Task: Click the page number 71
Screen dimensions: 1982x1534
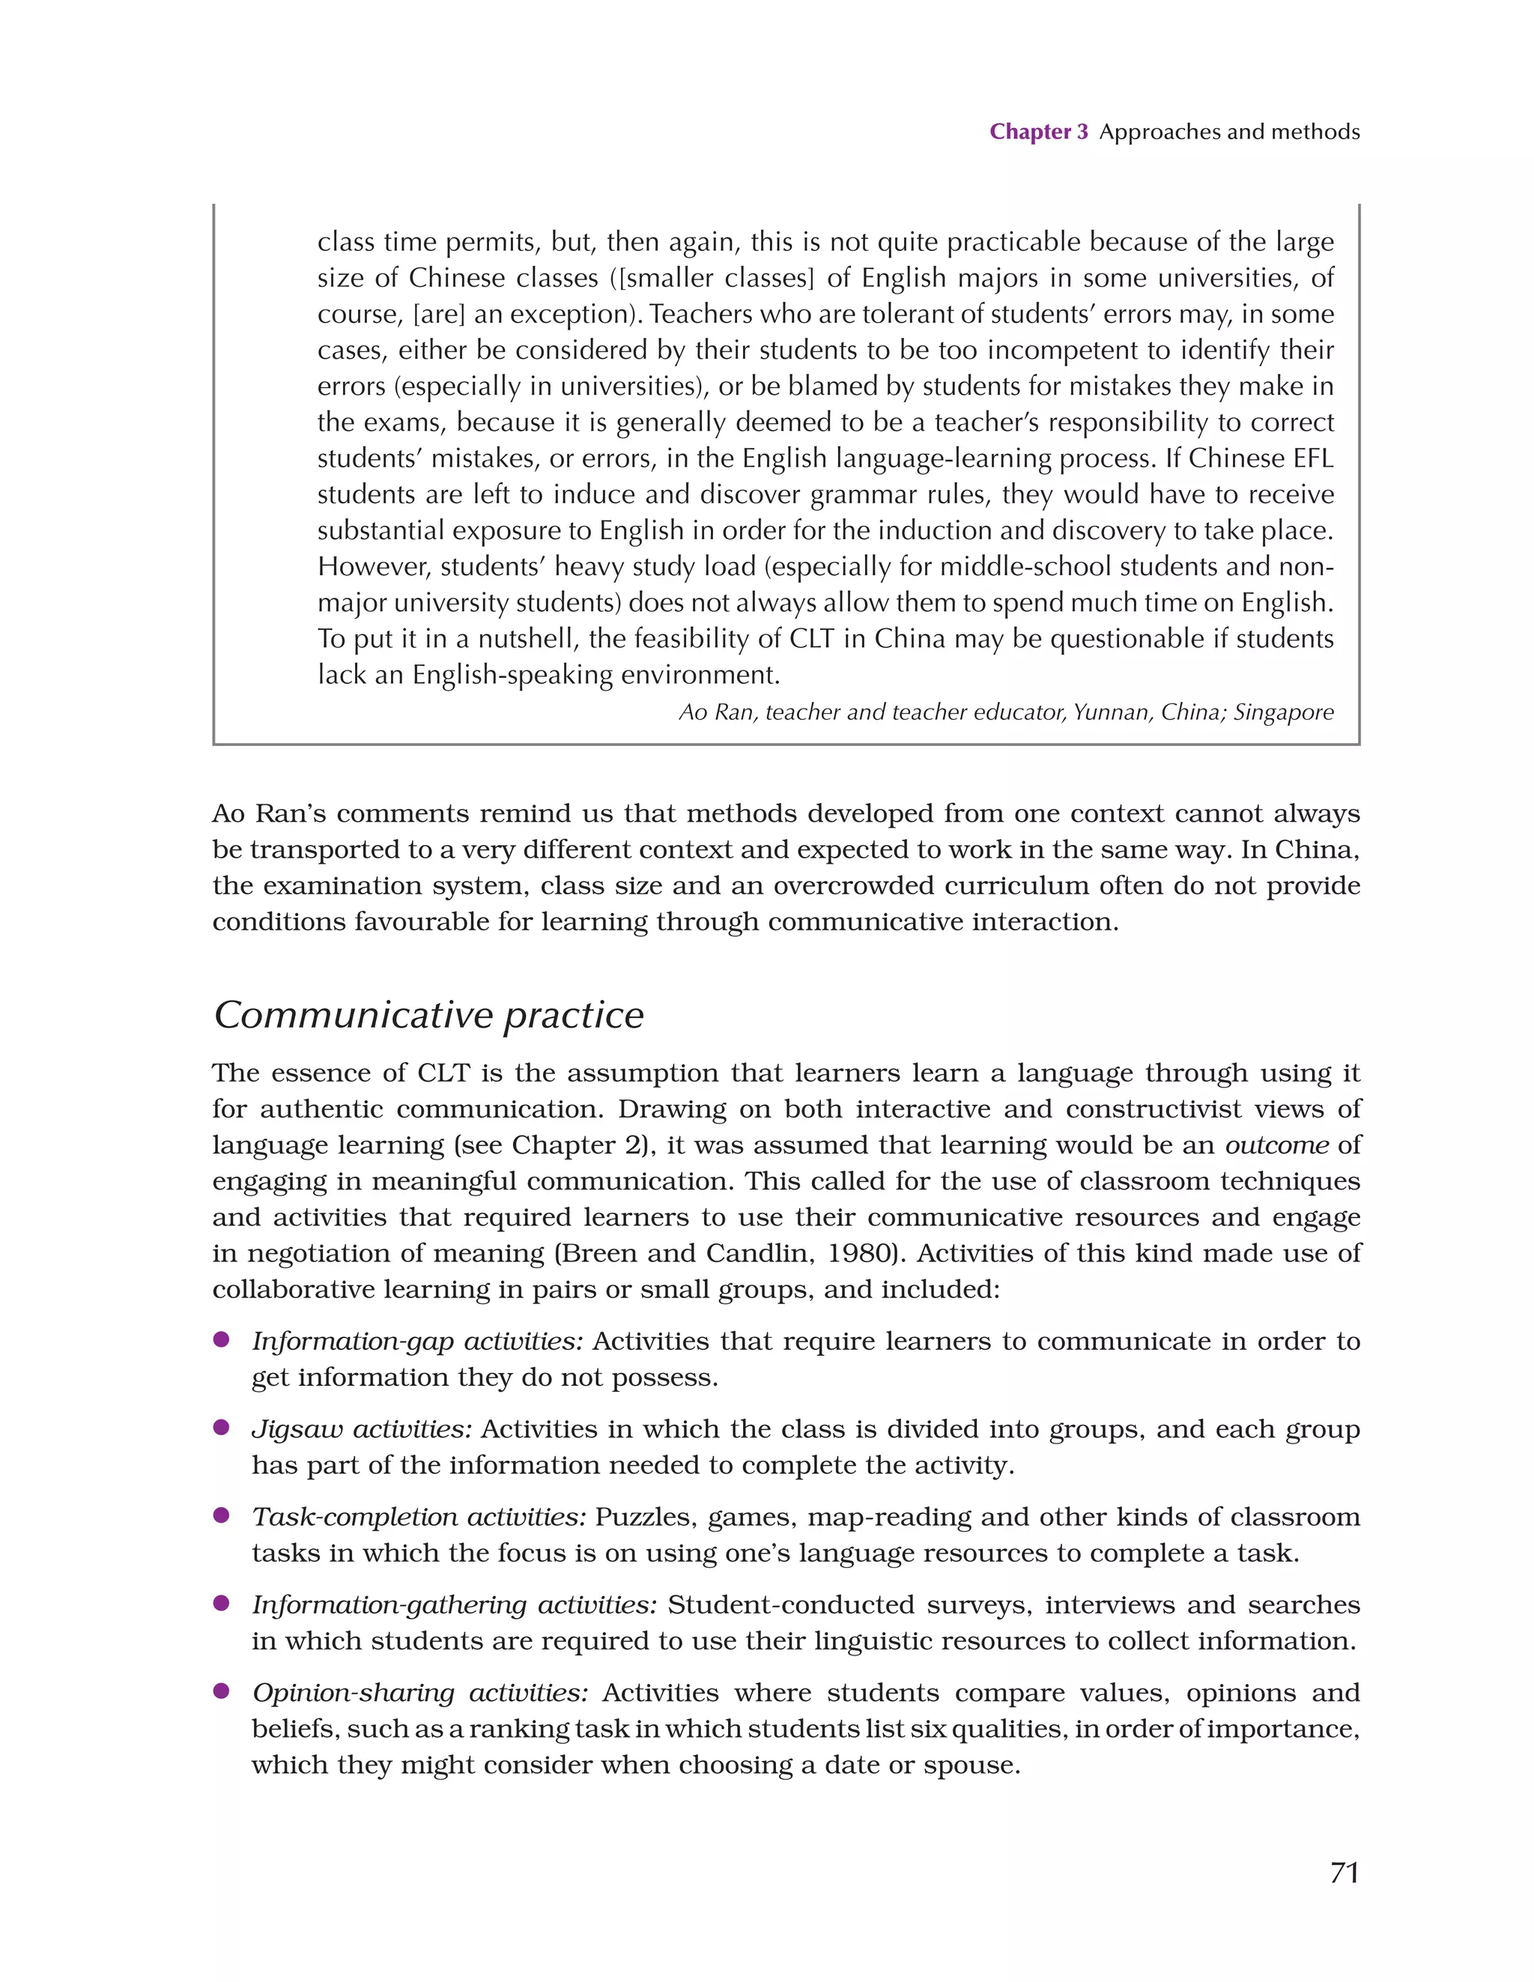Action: (x=1344, y=1872)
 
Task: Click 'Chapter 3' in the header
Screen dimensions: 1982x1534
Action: (x=1038, y=132)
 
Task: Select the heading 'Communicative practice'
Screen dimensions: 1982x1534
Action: (x=428, y=1014)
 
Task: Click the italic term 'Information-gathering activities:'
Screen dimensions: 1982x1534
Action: (x=454, y=1604)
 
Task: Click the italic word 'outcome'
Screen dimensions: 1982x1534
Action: (x=1277, y=1145)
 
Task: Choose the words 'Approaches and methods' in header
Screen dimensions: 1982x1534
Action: (x=1229, y=132)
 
